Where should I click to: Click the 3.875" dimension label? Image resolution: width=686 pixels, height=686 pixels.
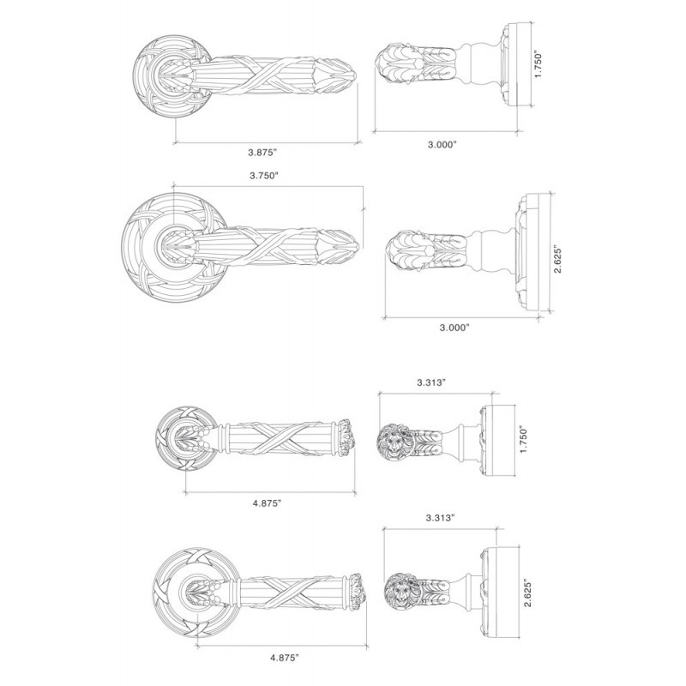[x=263, y=153]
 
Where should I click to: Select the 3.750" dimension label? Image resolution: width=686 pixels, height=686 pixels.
[x=264, y=176]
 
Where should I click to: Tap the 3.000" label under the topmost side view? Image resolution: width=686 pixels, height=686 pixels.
[x=442, y=145]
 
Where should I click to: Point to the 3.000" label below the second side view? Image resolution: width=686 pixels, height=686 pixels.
[x=454, y=328]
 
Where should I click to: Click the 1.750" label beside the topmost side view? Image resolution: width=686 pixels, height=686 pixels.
[x=539, y=66]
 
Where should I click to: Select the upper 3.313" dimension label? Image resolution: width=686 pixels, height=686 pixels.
[x=431, y=382]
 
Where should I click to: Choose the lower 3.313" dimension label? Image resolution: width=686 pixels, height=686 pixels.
[x=441, y=518]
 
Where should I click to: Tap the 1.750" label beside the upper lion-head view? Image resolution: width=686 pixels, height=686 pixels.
[x=525, y=439]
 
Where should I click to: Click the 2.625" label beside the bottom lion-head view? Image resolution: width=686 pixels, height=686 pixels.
[x=528, y=593]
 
